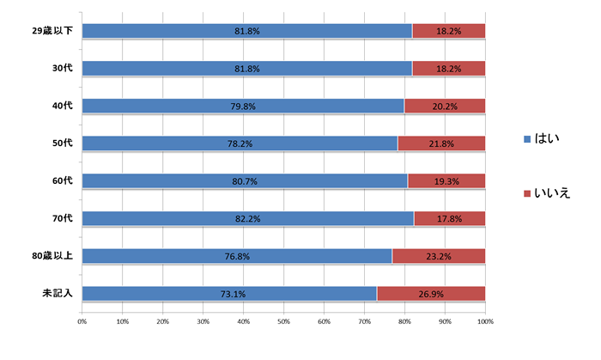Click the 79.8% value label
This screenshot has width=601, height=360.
coord(244,107)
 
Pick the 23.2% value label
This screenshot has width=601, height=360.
coord(438,256)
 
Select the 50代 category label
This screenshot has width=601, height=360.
coord(62,143)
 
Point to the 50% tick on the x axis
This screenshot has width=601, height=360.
coord(284,321)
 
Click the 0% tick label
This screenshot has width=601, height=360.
coord(82,321)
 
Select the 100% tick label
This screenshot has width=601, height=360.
coord(485,321)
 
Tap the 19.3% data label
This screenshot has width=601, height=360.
coord(446,181)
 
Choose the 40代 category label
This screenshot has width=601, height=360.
coord(62,107)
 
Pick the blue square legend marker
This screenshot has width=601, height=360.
coord(526,138)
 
